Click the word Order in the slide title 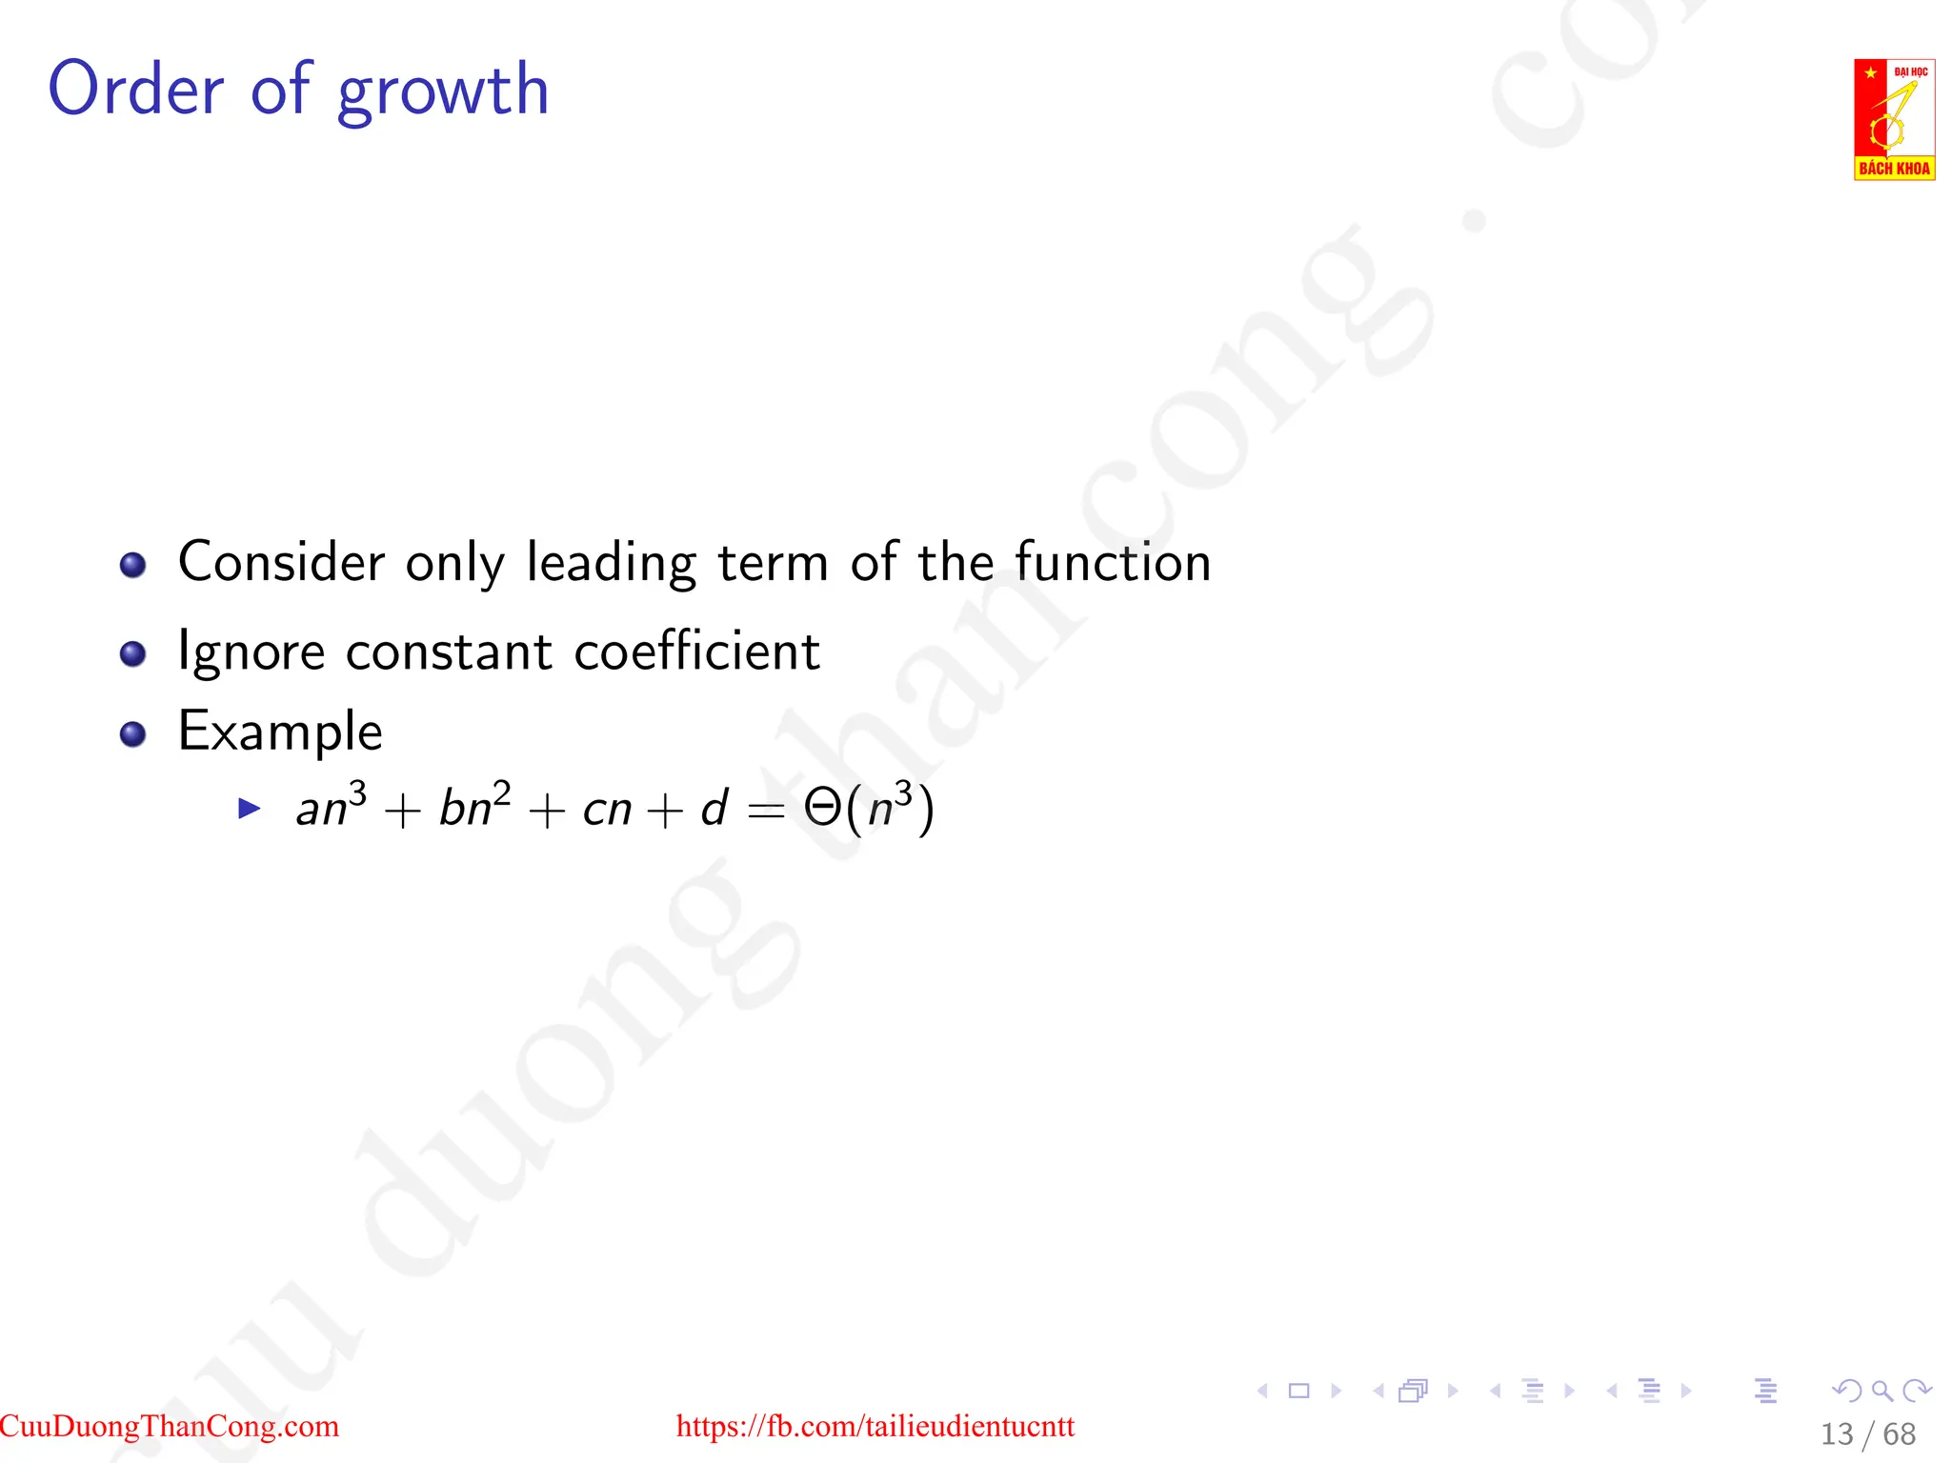tap(135, 89)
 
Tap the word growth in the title tap(443, 92)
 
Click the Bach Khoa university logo tap(1894, 119)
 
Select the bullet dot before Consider tap(132, 565)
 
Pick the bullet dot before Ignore tap(132, 654)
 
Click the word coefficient tap(696, 651)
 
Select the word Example tap(280, 731)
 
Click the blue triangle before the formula tap(250, 809)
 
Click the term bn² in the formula tap(474, 806)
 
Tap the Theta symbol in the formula tap(822, 808)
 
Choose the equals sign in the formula tap(766, 811)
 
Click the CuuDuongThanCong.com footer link tap(170, 1426)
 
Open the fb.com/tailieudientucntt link tap(875, 1426)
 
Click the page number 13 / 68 tap(1867, 1433)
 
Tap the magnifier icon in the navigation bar tap(1881, 1391)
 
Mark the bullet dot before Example tap(132, 734)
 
